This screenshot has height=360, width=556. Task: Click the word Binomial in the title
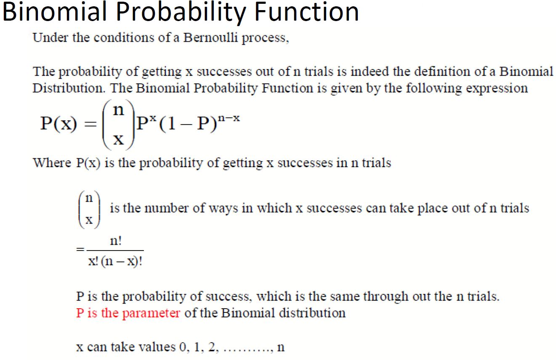(x=55, y=12)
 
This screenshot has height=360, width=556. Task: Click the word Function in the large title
(x=307, y=12)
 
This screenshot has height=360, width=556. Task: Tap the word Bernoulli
(x=210, y=38)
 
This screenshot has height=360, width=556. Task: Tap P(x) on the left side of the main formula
(x=59, y=123)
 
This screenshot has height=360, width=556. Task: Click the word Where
(x=52, y=163)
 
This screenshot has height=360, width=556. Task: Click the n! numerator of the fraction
(x=116, y=241)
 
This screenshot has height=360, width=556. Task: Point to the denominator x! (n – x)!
(x=115, y=261)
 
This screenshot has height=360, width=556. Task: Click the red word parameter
(x=152, y=313)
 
